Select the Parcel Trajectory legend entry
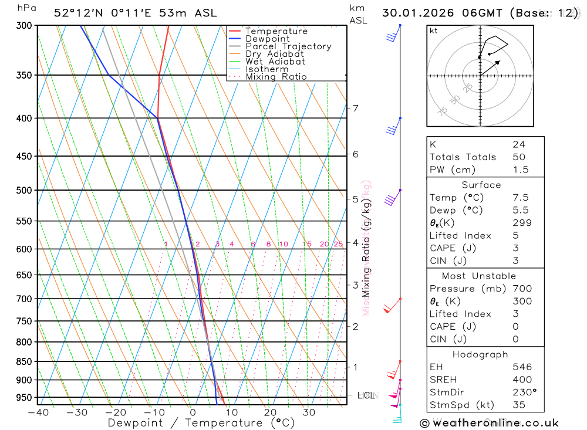[288, 46]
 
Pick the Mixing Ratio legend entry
[276, 77]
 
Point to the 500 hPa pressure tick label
[23, 190]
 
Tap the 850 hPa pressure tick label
[23, 361]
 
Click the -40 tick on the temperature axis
[37, 412]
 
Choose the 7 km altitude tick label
[355, 108]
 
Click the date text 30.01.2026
[414, 12]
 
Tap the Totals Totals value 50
[519, 157]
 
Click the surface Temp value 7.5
[520, 198]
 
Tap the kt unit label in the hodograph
[434, 31]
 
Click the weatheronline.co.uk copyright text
[489, 422]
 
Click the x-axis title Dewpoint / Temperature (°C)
[201, 423]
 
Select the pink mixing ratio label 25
[338, 244]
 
